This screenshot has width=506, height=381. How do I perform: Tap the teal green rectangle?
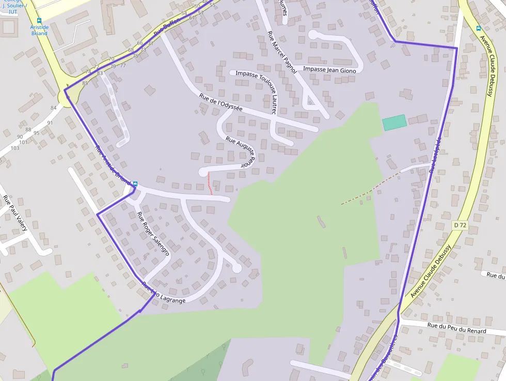pos(394,123)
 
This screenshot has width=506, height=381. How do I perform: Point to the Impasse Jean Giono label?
pos(329,70)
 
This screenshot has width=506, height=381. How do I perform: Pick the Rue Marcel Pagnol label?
pos(281,52)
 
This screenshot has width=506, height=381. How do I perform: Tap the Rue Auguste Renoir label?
pos(241,151)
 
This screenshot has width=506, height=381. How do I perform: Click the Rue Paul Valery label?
pos(15,213)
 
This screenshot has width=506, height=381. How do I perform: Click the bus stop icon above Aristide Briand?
pos(39,21)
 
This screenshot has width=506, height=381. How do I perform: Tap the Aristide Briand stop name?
pos(39,30)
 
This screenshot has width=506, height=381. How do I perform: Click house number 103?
pos(14,148)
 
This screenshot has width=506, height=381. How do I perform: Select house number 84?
pos(53,108)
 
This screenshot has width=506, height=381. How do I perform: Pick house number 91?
pos(50,123)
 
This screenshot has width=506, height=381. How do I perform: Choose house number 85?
pos(85,83)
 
